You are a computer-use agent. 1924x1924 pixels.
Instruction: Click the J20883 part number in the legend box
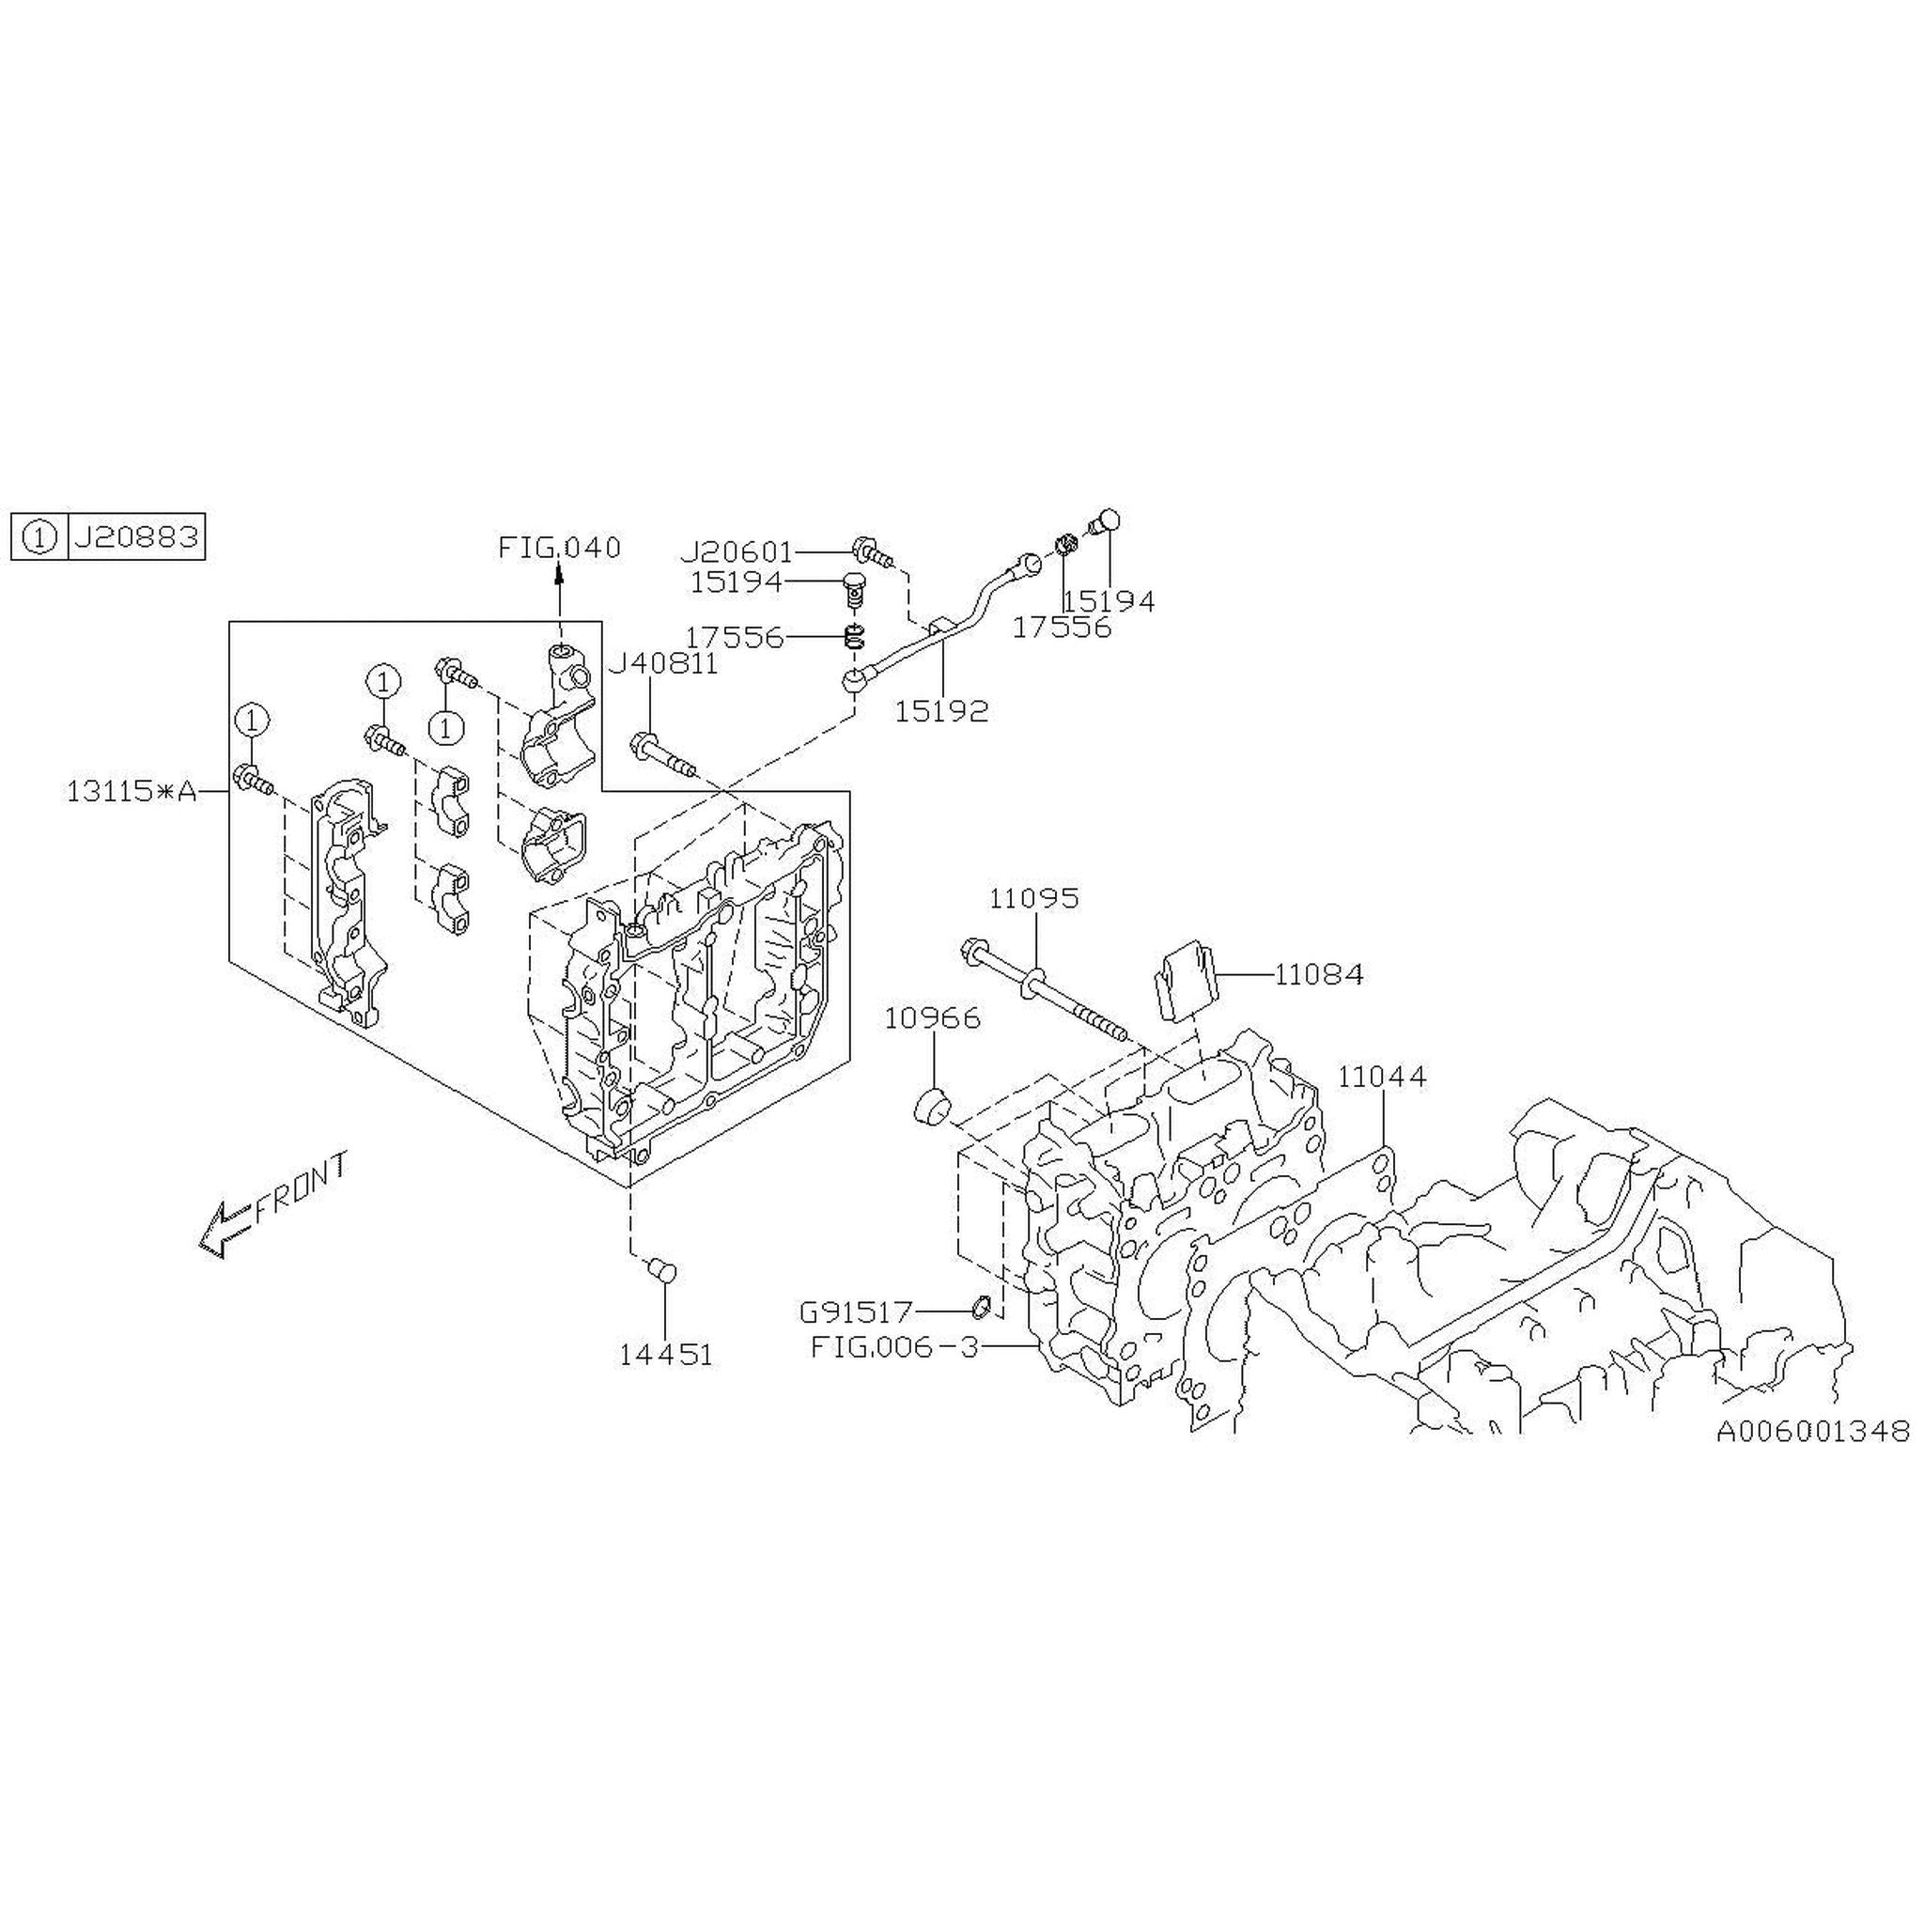point(135,537)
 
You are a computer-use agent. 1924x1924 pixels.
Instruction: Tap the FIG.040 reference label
point(560,547)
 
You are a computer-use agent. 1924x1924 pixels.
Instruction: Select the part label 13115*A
point(132,792)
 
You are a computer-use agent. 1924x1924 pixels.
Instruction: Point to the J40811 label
point(663,664)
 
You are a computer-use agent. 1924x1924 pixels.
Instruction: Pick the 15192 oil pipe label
point(941,711)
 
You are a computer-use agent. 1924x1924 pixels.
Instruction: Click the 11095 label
point(1033,898)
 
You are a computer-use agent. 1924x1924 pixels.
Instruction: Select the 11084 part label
point(1318,974)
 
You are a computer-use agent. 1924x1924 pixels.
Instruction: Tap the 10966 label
point(933,1017)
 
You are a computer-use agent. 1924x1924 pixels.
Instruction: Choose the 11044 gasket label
point(1381,1077)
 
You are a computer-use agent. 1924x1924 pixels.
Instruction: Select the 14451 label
point(666,1356)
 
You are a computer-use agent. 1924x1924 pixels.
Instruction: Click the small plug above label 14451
point(661,1272)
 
